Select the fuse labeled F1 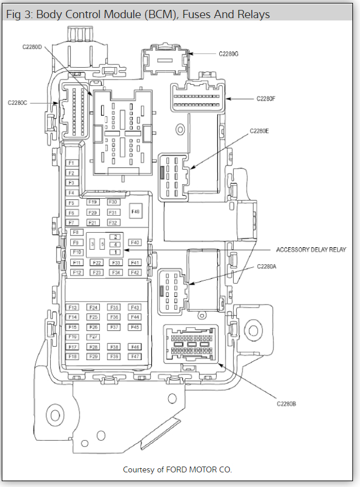pyautogui.click(x=72, y=163)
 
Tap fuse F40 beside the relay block pyautogui.click(x=135, y=242)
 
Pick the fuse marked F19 pyautogui.click(x=92, y=202)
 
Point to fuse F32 pyautogui.click(x=113, y=223)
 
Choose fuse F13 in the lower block pyautogui.click(x=72, y=308)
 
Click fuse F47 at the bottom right pyautogui.click(x=135, y=357)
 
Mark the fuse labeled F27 pyautogui.click(x=92, y=337)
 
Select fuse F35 pyautogui.click(x=114, y=308)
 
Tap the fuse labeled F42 pyautogui.click(x=135, y=272)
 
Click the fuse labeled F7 pyautogui.click(x=72, y=223)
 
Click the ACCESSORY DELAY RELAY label pyautogui.click(x=311, y=250)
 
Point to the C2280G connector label pyautogui.click(x=229, y=54)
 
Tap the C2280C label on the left pyautogui.click(x=18, y=102)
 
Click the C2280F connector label pyautogui.click(x=266, y=99)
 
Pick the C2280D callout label pyautogui.click(x=32, y=47)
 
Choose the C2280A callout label pyautogui.click(x=266, y=267)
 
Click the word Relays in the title pyautogui.click(x=253, y=15)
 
